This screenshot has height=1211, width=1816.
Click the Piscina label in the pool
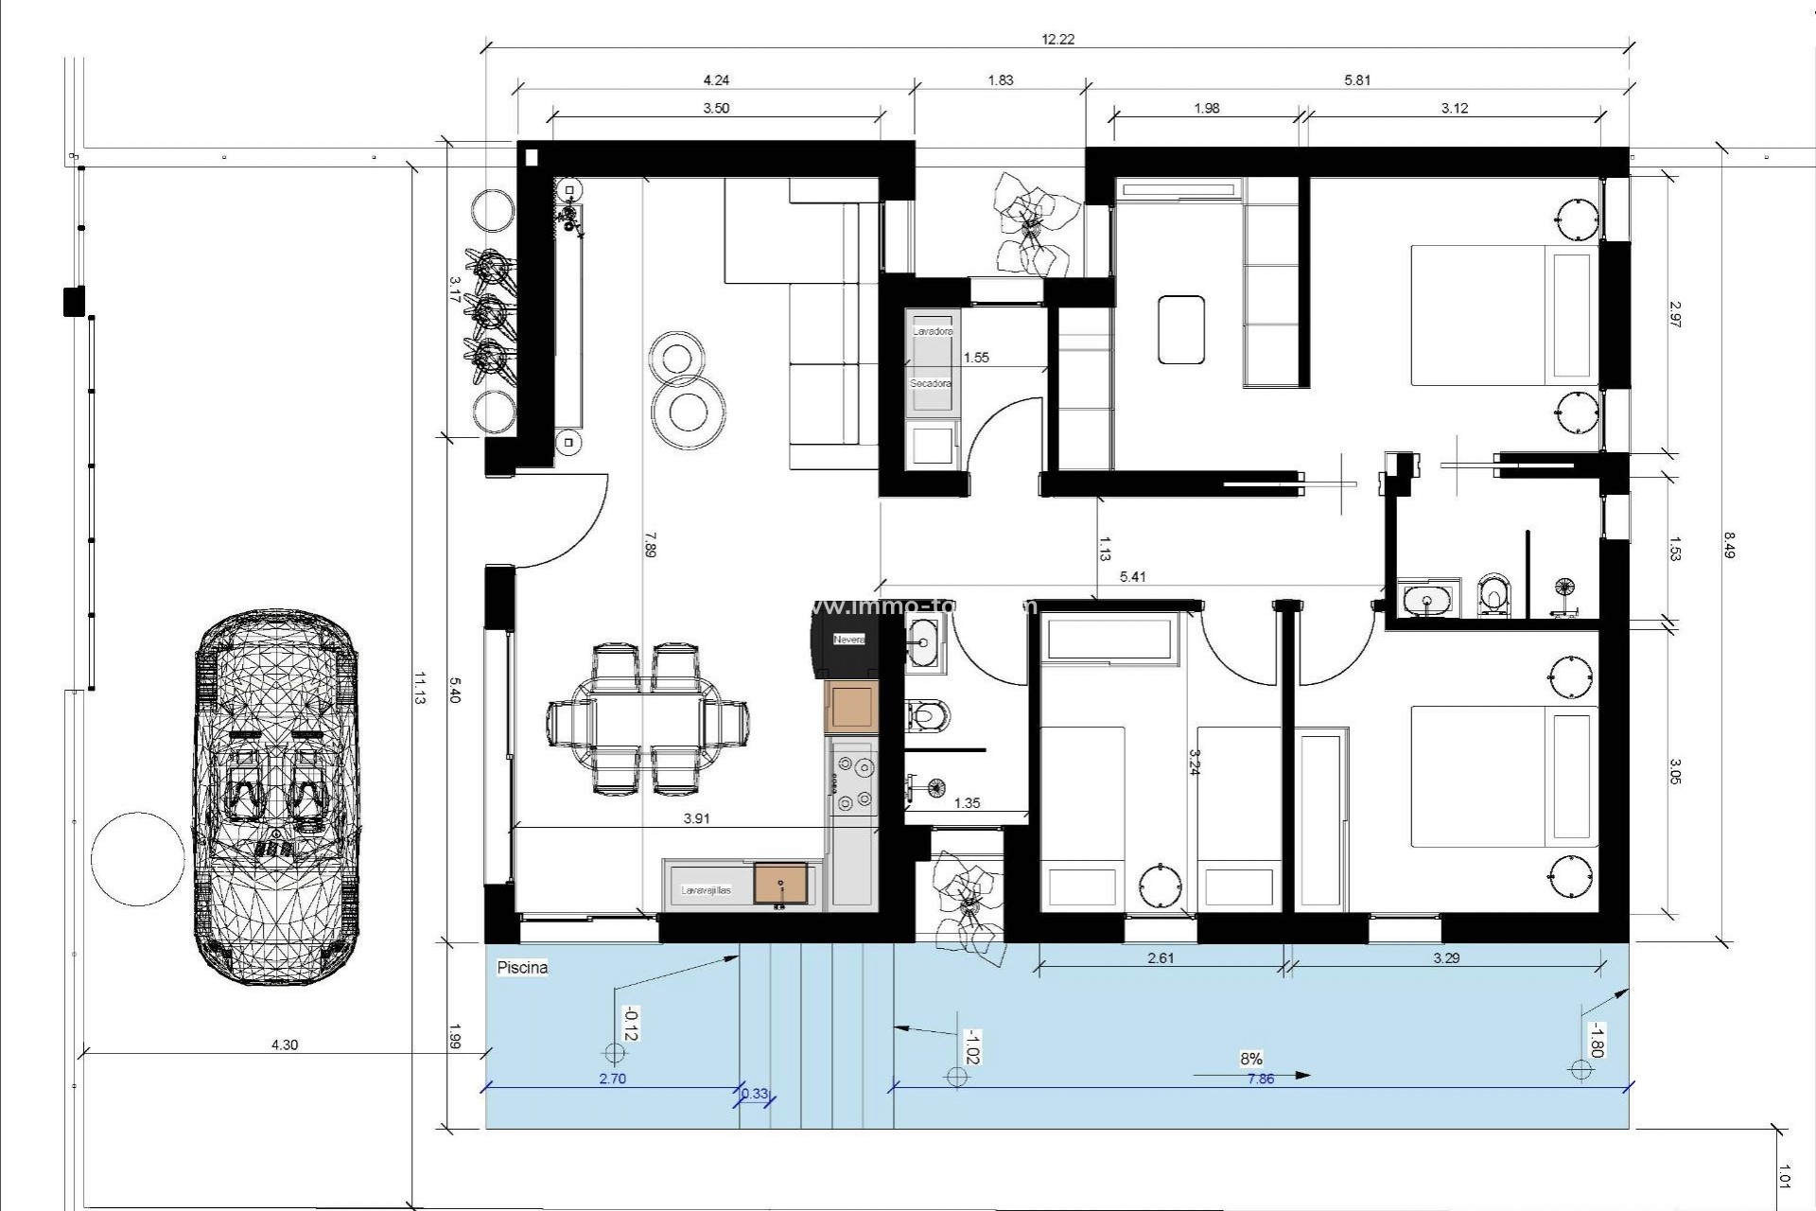click(522, 968)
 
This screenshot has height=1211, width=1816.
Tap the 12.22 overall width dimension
click(1057, 39)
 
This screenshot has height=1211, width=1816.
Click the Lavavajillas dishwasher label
click(706, 890)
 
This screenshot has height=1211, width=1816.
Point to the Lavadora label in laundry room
click(933, 332)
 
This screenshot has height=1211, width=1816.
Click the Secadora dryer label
click(931, 383)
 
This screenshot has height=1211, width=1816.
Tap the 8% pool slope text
click(1250, 1059)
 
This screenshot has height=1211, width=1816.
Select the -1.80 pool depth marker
click(1595, 1040)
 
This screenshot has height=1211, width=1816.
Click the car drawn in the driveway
click(277, 798)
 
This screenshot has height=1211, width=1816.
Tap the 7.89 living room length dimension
click(649, 545)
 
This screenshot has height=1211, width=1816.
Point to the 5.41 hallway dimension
click(1132, 576)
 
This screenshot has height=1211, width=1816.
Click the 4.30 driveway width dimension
click(284, 1044)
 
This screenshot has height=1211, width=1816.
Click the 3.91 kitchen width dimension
click(696, 818)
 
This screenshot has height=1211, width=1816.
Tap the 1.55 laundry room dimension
click(975, 358)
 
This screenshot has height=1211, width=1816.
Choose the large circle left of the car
click(138, 859)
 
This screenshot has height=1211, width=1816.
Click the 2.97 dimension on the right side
click(1674, 314)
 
